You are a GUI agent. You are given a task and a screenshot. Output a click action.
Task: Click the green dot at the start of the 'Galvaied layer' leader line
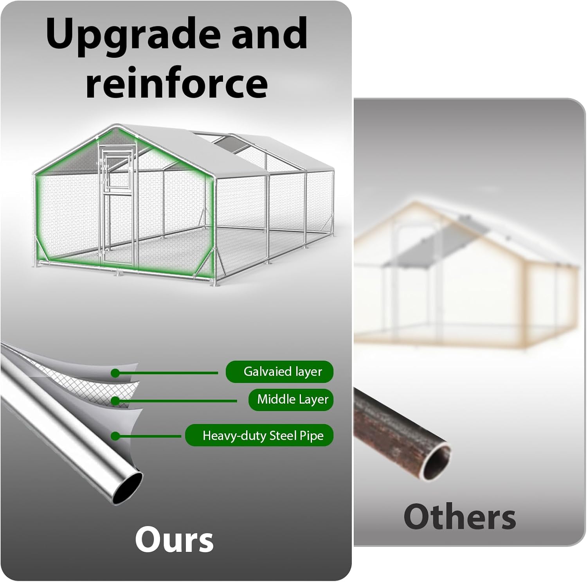click(115, 373)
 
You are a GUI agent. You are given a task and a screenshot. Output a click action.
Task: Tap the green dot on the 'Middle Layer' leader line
click(115, 401)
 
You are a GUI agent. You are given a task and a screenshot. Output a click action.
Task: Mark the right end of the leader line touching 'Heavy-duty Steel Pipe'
click(181, 436)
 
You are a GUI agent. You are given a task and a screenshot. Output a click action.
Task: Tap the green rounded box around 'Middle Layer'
click(291, 400)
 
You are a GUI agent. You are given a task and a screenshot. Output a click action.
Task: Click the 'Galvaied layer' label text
click(283, 372)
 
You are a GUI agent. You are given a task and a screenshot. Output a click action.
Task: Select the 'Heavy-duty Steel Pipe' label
click(263, 436)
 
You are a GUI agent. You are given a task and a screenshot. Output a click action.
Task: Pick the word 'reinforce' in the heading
click(176, 83)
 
